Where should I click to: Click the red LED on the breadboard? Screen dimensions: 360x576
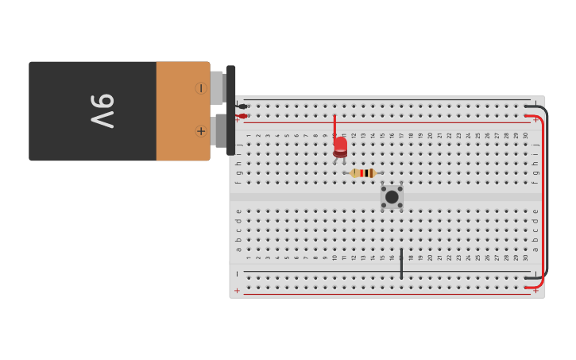click(x=340, y=146)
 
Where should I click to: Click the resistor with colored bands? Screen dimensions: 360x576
click(x=363, y=173)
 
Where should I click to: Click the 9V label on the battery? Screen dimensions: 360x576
click(x=102, y=111)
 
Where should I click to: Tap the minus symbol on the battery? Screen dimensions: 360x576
click(x=201, y=88)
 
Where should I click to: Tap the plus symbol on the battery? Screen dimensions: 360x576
click(x=201, y=131)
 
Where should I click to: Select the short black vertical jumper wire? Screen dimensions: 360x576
click(x=401, y=263)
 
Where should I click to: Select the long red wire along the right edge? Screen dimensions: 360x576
click(x=543, y=199)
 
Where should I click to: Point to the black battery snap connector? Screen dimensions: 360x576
click(x=230, y=110)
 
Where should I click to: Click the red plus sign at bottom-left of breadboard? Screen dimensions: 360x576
click(x=237, y=291)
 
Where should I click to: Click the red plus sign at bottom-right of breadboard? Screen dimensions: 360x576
click(x=535, y=291)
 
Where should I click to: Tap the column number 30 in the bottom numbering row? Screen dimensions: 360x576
click(x=526, y=257)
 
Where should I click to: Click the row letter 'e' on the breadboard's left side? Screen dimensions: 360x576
click(x=238, y=212)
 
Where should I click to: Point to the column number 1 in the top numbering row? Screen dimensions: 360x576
click(x=249, y=136)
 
